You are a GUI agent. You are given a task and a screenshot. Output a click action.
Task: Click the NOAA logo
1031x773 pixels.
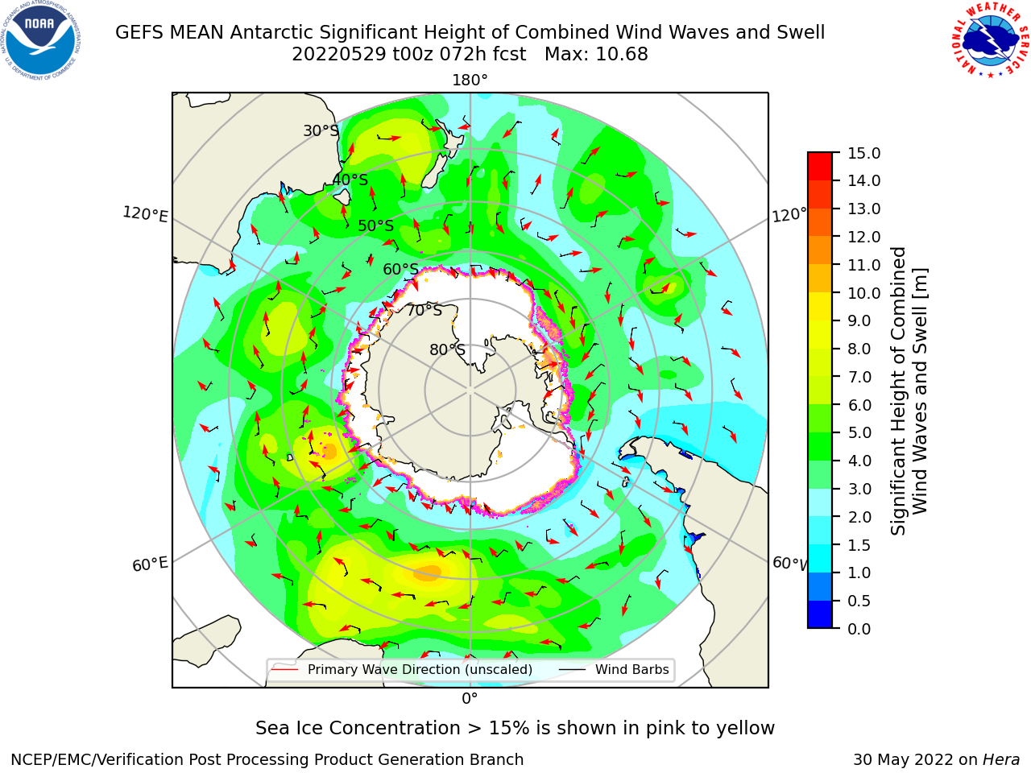click(41, 41)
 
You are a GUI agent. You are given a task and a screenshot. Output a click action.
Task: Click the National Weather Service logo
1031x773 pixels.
click(991, 40)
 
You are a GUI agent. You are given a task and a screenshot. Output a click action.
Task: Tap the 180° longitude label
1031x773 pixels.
click(470, 81)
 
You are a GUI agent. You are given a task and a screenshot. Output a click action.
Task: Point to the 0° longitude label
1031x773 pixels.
click(470, 698)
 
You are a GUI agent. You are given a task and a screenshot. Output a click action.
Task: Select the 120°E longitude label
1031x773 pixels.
click(145, 214)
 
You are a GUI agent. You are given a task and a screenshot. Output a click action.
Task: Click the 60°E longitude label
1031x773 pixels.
click(150, 564)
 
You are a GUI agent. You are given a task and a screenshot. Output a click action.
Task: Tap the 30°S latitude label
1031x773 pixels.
click(321, 130)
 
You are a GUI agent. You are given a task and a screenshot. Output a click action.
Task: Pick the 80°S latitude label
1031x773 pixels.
click(447, 349)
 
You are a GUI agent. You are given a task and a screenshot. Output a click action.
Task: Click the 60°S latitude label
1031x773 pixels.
click(400, 269)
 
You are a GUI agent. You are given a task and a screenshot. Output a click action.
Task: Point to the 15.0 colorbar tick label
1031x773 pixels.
click(863, 153)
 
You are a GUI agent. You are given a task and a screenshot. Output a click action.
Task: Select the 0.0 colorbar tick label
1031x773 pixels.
click(859, 628)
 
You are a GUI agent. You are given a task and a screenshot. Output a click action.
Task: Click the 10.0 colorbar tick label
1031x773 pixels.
click(863, 293)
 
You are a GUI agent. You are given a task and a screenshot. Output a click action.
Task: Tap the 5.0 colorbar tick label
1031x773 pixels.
click(859, 432)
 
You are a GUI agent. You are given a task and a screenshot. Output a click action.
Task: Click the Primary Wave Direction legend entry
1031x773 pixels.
click(402, 669)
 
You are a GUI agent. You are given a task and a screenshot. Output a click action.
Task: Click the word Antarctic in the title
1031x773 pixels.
click(271, 32)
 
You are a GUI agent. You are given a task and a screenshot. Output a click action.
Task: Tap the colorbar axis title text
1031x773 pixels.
click(909, 391)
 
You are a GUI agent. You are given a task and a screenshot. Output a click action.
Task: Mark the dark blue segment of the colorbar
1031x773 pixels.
click(820, 614)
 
